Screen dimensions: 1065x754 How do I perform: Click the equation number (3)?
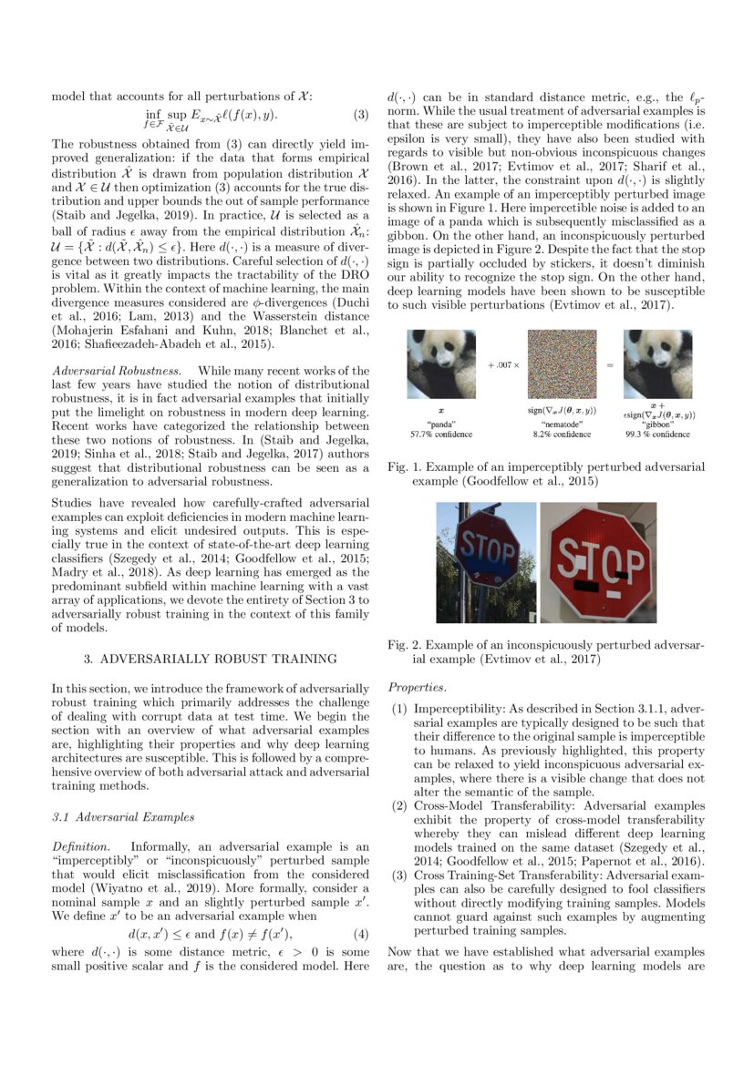(360, 116)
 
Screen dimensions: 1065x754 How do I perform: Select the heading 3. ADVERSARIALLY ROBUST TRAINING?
(210, 657)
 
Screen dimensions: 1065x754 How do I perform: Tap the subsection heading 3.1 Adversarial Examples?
(122, 816)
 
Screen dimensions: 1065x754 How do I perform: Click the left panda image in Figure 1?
(441, 364)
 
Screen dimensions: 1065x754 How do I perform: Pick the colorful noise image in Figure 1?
(562, 364)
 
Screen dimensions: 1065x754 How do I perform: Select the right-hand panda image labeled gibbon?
(657, 364)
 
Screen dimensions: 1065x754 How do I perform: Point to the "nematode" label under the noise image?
(562, 425)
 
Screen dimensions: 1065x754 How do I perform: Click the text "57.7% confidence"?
(441, 435)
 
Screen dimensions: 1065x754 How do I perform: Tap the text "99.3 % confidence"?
(657, 435)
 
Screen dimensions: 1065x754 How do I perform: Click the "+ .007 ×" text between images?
(502, 364)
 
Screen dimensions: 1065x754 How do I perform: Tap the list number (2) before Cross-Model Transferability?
(399, 805)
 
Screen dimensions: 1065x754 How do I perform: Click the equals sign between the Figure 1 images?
(610, 364)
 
